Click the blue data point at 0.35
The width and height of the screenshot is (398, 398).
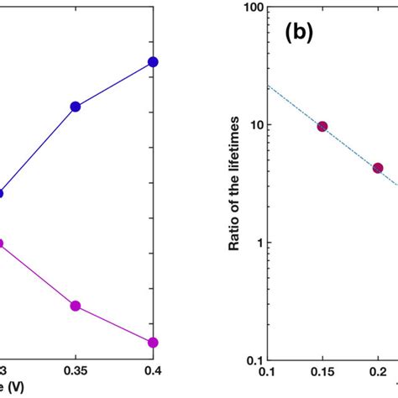tap(76, 107)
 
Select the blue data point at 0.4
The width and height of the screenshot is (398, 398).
tap(153, 62)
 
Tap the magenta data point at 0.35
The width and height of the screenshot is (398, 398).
tap(76, 306)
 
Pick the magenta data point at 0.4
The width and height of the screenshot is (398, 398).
tap(153, 343)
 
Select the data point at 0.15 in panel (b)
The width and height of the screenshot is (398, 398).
tap(322, 126)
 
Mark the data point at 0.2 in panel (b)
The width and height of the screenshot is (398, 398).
tap(378, 168)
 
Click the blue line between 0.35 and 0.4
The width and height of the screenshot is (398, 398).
tap(114, 84)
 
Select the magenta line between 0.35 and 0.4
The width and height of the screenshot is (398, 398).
tap(114, 325)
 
